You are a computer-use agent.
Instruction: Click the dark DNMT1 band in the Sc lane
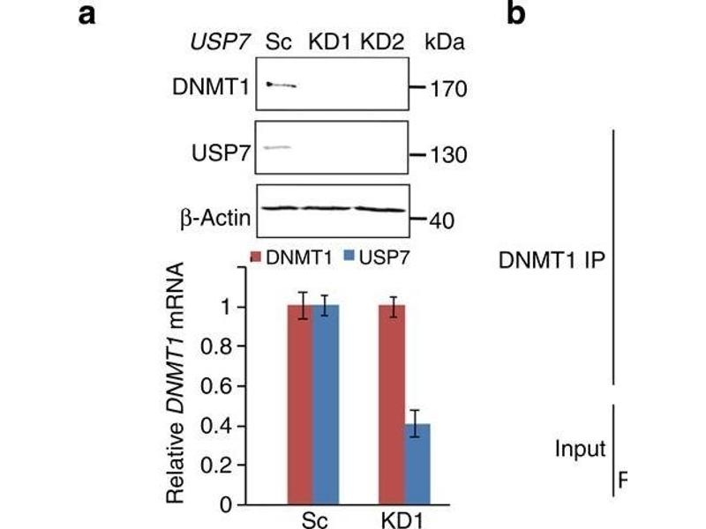tap(282, 85)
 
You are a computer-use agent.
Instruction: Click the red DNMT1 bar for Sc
tap(302, 406)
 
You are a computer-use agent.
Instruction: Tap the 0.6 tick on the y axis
tap(222, 386)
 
